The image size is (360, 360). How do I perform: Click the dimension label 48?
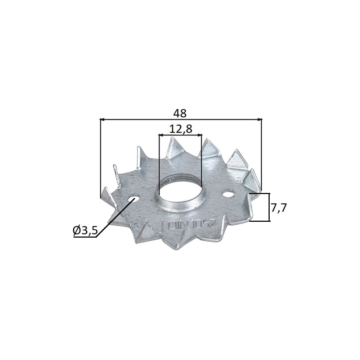pos(180,113)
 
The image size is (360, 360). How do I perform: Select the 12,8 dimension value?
pos(181,130)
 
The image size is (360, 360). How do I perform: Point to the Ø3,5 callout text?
pos(85,230)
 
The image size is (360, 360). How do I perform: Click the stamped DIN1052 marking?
pos(192,224)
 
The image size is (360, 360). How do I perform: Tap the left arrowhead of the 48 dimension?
pos(102,120)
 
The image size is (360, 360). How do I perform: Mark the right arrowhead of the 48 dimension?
pos(260,120)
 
